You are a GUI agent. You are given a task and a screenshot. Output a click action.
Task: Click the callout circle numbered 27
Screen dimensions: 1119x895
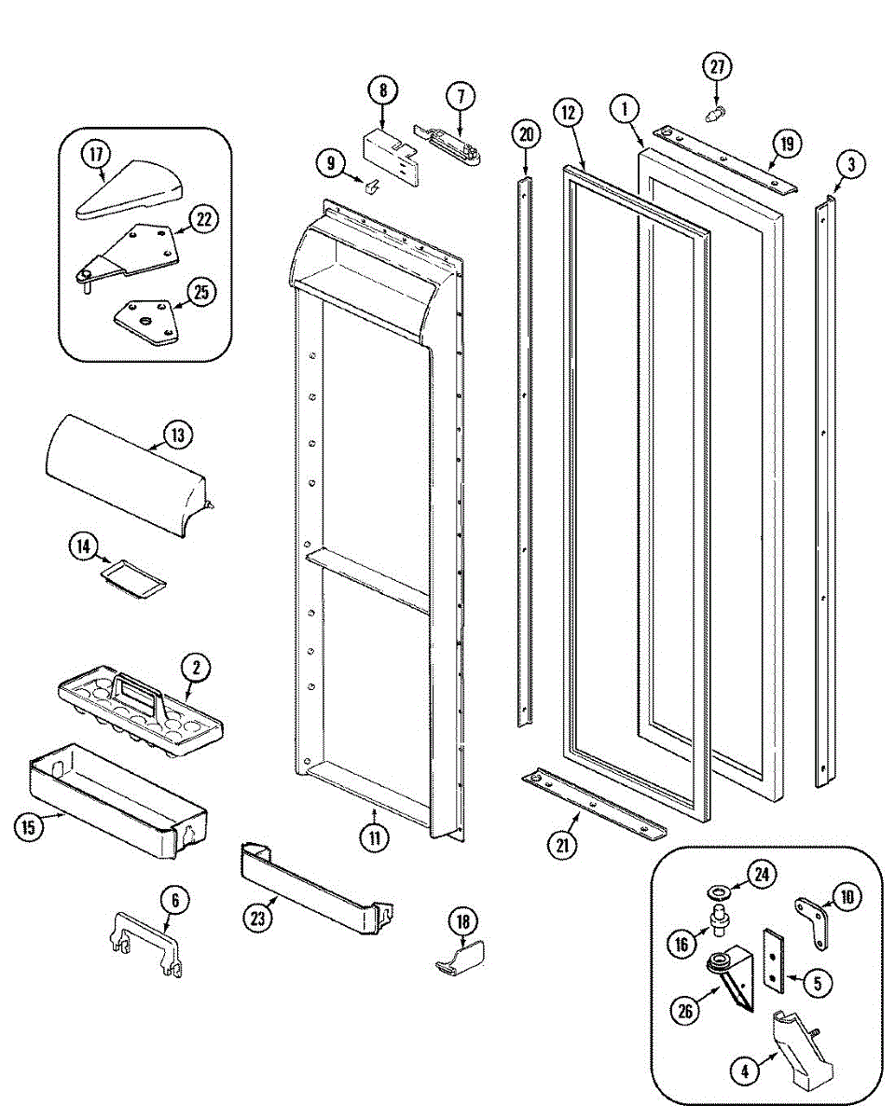[716, 67]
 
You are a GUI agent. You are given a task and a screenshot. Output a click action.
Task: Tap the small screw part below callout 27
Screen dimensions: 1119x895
[715, 115]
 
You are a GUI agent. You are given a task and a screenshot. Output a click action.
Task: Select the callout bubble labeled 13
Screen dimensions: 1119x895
[176, 435]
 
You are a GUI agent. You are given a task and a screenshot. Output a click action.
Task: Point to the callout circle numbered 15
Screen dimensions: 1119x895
[31, 827]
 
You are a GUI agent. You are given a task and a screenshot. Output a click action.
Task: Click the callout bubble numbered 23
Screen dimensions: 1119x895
[258, 917]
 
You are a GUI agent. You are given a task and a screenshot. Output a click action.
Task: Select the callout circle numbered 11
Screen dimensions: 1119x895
[374, 836]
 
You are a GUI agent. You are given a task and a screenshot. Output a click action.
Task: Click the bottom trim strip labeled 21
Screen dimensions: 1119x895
[595, 803]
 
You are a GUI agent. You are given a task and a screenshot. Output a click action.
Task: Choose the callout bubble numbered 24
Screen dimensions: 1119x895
[764, 875]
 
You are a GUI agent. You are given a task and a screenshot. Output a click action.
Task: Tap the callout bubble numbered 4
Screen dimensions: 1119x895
[744, 1072]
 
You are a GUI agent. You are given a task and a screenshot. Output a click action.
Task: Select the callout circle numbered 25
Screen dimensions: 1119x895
[200, 291]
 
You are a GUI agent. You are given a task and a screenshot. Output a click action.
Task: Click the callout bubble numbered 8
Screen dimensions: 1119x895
[382, 90]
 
